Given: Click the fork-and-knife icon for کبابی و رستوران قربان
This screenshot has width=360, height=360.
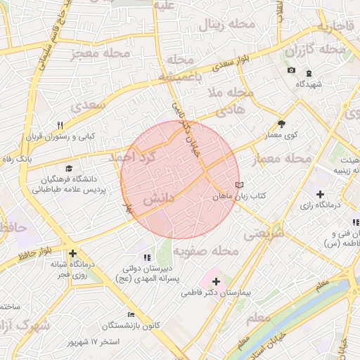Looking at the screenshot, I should click(60, 125).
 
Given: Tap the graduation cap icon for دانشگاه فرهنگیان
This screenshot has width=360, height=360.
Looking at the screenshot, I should click(69, 168).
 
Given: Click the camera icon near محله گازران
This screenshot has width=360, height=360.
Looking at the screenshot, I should click(291, 70).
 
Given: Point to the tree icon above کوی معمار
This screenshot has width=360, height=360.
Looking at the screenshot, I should click(282, 123).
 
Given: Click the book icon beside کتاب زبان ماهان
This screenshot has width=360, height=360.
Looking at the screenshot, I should click(240, 186).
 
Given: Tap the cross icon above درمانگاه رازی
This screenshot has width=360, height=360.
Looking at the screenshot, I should click(320, 194).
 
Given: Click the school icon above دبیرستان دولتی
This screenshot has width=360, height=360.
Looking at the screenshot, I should click(147, 258).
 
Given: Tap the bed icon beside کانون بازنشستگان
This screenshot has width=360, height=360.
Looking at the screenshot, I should click(131, 314).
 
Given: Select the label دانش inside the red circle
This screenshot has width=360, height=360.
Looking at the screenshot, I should click(158, 200).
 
